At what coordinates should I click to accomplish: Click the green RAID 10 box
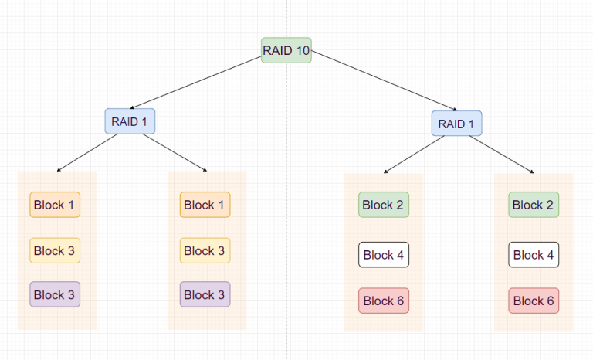coord(286,50)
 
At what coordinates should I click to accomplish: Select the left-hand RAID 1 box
coord(130,121)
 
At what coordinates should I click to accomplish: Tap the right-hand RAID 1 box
coord(456,124)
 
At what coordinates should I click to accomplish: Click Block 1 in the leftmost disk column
coord(55,205)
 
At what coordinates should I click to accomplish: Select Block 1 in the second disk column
coord(205,205)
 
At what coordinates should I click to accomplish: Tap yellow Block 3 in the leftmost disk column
coord(55,250)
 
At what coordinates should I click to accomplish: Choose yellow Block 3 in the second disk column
coord(205,250)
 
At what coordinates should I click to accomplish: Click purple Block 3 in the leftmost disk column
coord(55,294)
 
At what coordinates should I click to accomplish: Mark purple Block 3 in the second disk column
coord(205,294)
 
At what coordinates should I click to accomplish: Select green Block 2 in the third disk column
coord(384,205)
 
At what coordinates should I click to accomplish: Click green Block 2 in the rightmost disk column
coord(534,205)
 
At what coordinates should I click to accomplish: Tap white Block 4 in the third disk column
coord(384,255)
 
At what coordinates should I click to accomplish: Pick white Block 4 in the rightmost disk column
coord(534,255)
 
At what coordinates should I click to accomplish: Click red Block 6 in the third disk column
coord(384,301)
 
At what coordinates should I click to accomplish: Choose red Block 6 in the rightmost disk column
coord(534,301)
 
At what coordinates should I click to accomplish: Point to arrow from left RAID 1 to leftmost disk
coord(87,152)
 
